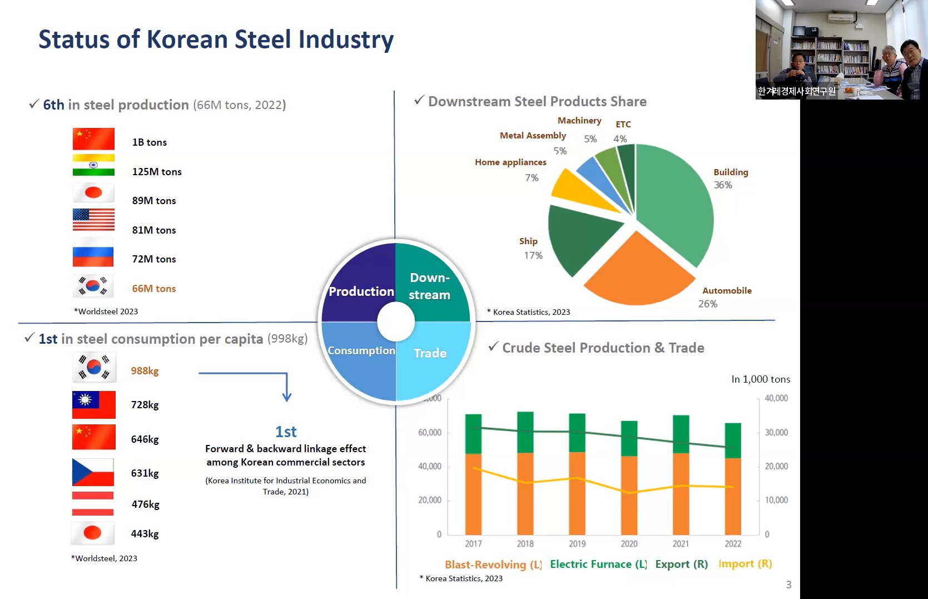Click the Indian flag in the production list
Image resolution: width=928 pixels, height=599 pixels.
[93, 165]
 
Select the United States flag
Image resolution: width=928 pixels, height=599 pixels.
[93, 219]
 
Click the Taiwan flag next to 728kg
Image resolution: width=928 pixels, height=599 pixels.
[93, 404]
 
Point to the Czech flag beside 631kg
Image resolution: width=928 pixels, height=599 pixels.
[93, 472]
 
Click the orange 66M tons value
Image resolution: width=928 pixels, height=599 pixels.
[153, 289]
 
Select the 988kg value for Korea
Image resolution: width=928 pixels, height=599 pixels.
[145, 371]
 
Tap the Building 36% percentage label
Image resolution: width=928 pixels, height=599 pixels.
[723, 185]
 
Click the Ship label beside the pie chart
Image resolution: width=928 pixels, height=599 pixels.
[528, 241]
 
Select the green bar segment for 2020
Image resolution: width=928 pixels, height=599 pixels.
[629, 438]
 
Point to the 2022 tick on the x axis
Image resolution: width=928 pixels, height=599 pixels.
[733, 544]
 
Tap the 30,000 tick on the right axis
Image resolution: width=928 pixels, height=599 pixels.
[776, 433]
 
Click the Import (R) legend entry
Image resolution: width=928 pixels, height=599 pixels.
[745, 564]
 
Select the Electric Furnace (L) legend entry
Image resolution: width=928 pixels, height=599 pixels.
[598, 565]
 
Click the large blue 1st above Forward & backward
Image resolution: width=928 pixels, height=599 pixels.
[286, 432]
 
